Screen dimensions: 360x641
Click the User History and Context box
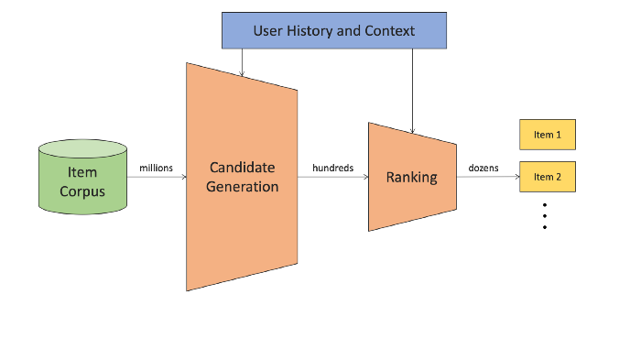tap(333, 30)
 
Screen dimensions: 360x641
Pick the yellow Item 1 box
tap(547, 135)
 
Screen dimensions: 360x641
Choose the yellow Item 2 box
tap(547, 177)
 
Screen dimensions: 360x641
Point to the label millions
tap(156, 168)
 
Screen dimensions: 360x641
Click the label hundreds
tap(332, 168)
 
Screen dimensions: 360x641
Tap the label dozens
tap(483, 168)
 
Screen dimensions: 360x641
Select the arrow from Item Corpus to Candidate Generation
tap(156, 177)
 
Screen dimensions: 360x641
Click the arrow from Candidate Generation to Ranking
tap(332, 177)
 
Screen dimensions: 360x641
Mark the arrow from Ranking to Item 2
tap(487, 177)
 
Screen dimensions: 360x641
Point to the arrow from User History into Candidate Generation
tap(242, 61)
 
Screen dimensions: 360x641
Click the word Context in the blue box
tap(389, 31)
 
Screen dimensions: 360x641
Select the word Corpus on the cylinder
tap(82, 191)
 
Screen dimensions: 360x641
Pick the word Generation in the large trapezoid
tap(243, 186)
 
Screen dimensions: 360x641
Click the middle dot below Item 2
tap(545, 215)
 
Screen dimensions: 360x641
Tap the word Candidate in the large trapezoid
tap(242, 168)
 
